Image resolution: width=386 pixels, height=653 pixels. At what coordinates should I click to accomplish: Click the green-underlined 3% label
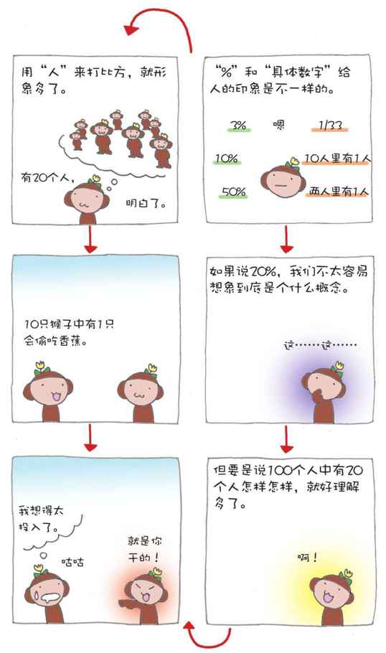(239, 125)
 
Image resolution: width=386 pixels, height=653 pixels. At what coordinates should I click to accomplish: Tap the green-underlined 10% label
(227, 159)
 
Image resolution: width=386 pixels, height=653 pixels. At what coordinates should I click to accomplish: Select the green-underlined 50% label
(234, 192)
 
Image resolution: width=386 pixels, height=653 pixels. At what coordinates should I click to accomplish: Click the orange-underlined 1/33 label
(330, 126)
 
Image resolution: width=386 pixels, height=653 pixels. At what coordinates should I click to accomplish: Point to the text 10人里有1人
(337, 159)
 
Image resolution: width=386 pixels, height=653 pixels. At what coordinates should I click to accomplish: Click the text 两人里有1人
(339, 192)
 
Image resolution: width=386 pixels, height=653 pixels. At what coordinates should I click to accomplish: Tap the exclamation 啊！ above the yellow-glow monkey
(308, 558)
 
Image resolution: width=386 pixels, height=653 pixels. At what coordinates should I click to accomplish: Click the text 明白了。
(146, 204)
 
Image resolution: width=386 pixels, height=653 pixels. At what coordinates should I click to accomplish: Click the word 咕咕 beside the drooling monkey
(72, 562)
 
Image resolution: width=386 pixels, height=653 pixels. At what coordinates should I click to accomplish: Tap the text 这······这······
(320, 345)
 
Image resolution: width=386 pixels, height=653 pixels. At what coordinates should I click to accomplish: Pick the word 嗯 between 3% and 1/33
(278, 125)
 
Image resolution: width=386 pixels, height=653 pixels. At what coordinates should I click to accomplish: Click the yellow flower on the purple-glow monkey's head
(338, 366)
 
